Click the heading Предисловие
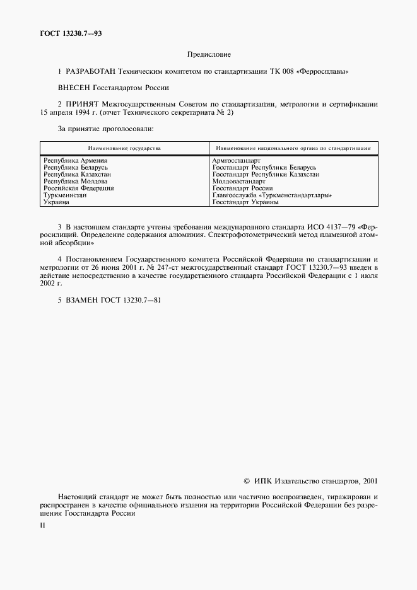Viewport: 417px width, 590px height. click(209, 55)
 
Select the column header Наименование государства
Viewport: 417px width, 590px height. click(124, 148)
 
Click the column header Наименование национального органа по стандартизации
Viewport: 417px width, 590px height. click(291, 148)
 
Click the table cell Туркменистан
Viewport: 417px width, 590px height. click(65, 195)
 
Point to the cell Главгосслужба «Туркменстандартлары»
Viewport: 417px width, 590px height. click(272, 195)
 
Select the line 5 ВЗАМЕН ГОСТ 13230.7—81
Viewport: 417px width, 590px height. click(109, 300)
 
